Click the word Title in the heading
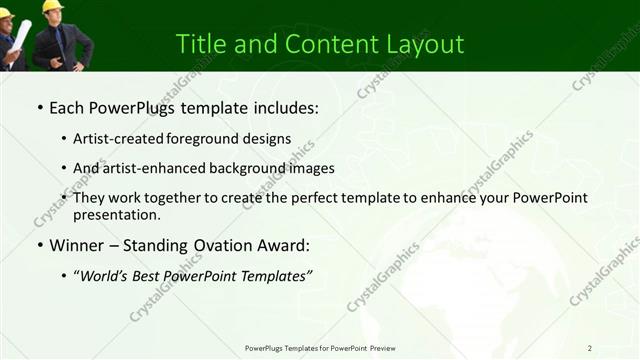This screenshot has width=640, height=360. click(198, 45)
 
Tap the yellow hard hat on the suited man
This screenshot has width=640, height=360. click(52, 7)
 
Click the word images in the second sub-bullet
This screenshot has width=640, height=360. click(307, 168)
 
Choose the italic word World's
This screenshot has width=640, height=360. click(108, 275)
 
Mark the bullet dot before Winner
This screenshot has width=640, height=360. click(39, 246)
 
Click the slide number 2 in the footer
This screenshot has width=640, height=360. click(590, 348)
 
